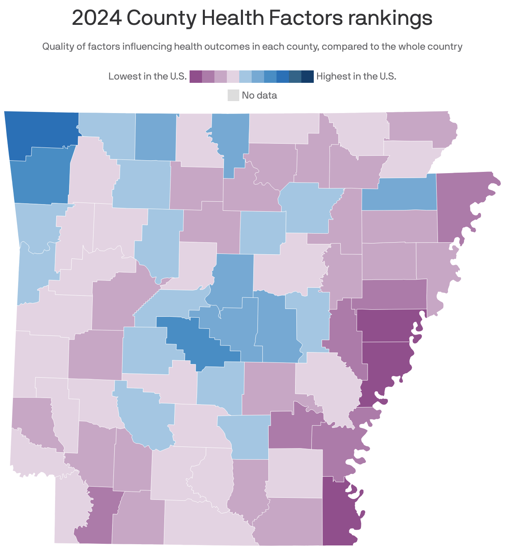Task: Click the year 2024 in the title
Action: tap(96, 18)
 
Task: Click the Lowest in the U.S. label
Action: tap(147, 77)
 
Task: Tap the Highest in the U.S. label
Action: tap(356, 77)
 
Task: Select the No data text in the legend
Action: tap(259, 95)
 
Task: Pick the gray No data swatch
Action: tap(233, 95)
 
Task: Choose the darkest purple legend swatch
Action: tap(196, 77)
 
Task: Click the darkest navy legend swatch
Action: tap(308, 77)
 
